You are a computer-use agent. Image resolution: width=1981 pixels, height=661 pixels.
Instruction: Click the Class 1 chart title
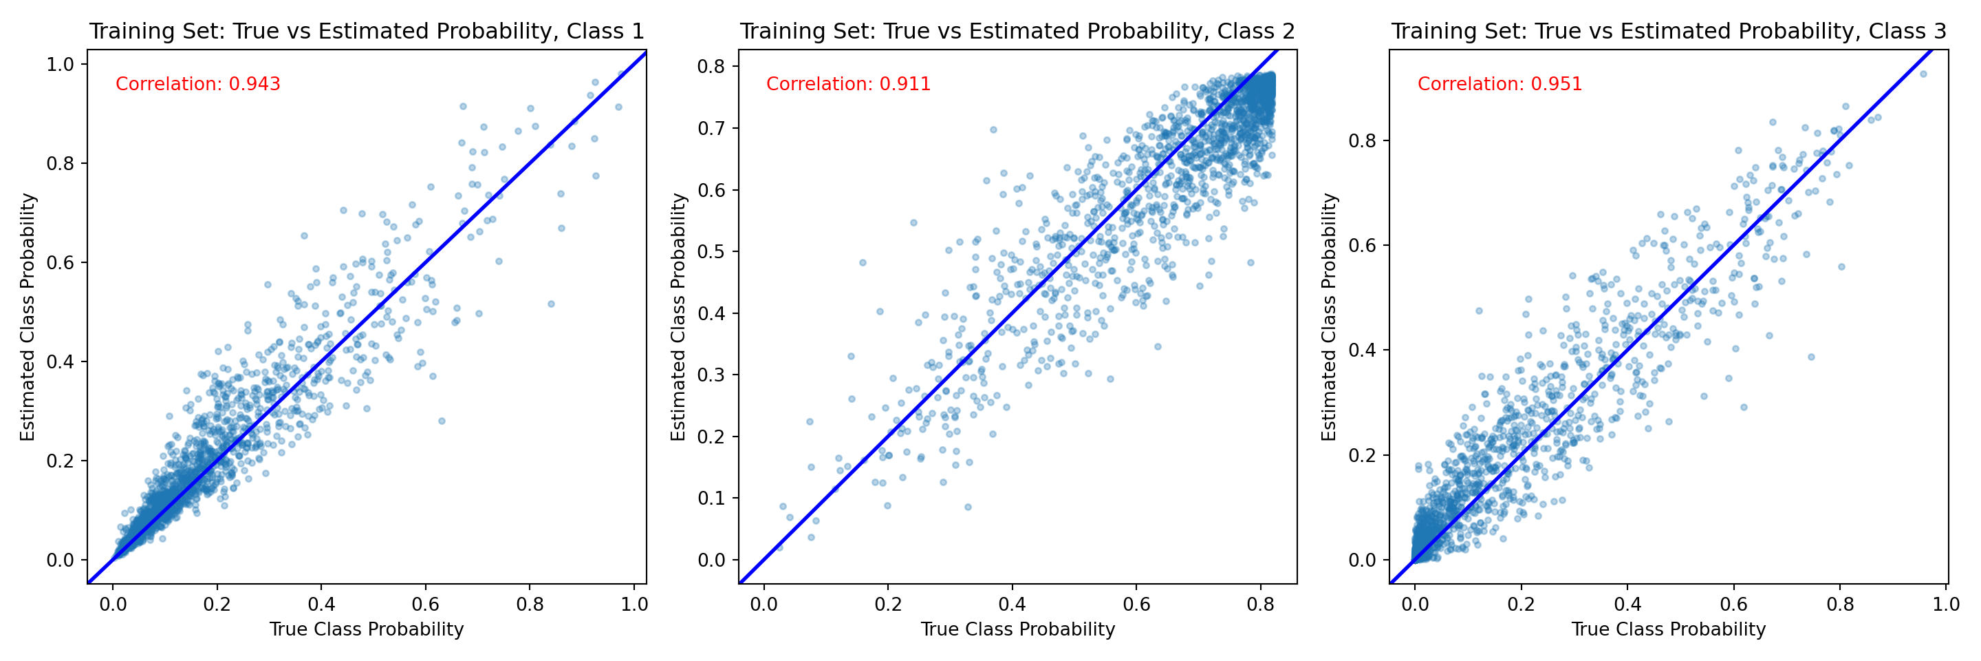(366, 32)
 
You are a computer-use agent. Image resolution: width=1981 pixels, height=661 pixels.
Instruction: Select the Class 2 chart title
(1017, 32)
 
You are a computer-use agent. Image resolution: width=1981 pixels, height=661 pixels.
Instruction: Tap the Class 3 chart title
(1668, 32)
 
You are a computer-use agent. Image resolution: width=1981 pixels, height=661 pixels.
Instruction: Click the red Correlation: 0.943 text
(197, 84)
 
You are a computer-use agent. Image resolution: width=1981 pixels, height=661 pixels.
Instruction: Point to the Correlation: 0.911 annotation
(848, 84)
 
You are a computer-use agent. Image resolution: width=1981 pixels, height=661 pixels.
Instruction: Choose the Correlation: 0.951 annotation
(1500, 84)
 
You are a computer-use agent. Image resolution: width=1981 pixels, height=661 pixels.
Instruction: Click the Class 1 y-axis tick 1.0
(61, 65)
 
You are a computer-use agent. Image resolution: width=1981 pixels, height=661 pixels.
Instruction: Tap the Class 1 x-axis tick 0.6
(425, 604)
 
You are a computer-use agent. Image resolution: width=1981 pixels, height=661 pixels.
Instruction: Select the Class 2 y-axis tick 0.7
(711, 129)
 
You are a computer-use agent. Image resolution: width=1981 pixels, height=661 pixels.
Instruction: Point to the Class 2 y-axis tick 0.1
(711, 499)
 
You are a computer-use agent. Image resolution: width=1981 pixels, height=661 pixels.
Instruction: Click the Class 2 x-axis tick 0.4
(1012, 604)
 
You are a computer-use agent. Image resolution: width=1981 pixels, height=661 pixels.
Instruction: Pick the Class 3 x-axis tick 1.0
(1946, 604)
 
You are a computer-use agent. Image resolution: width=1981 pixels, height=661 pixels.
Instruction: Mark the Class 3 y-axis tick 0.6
(1362, 246)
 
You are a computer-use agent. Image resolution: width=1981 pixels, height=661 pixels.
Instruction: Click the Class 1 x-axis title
(366, 629)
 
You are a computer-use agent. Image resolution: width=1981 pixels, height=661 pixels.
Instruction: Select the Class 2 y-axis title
(678, 316)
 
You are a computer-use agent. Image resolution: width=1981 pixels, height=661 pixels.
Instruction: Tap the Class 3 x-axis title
(1668, 629)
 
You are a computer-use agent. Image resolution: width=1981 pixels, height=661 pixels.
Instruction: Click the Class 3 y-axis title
(1329, 316)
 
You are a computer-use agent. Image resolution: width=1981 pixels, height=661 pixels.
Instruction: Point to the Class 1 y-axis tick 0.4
(61, 361)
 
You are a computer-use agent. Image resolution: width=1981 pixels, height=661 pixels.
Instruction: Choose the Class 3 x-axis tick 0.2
(1520, 604)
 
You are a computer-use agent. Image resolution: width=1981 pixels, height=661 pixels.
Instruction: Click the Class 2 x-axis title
(1017, 629)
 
